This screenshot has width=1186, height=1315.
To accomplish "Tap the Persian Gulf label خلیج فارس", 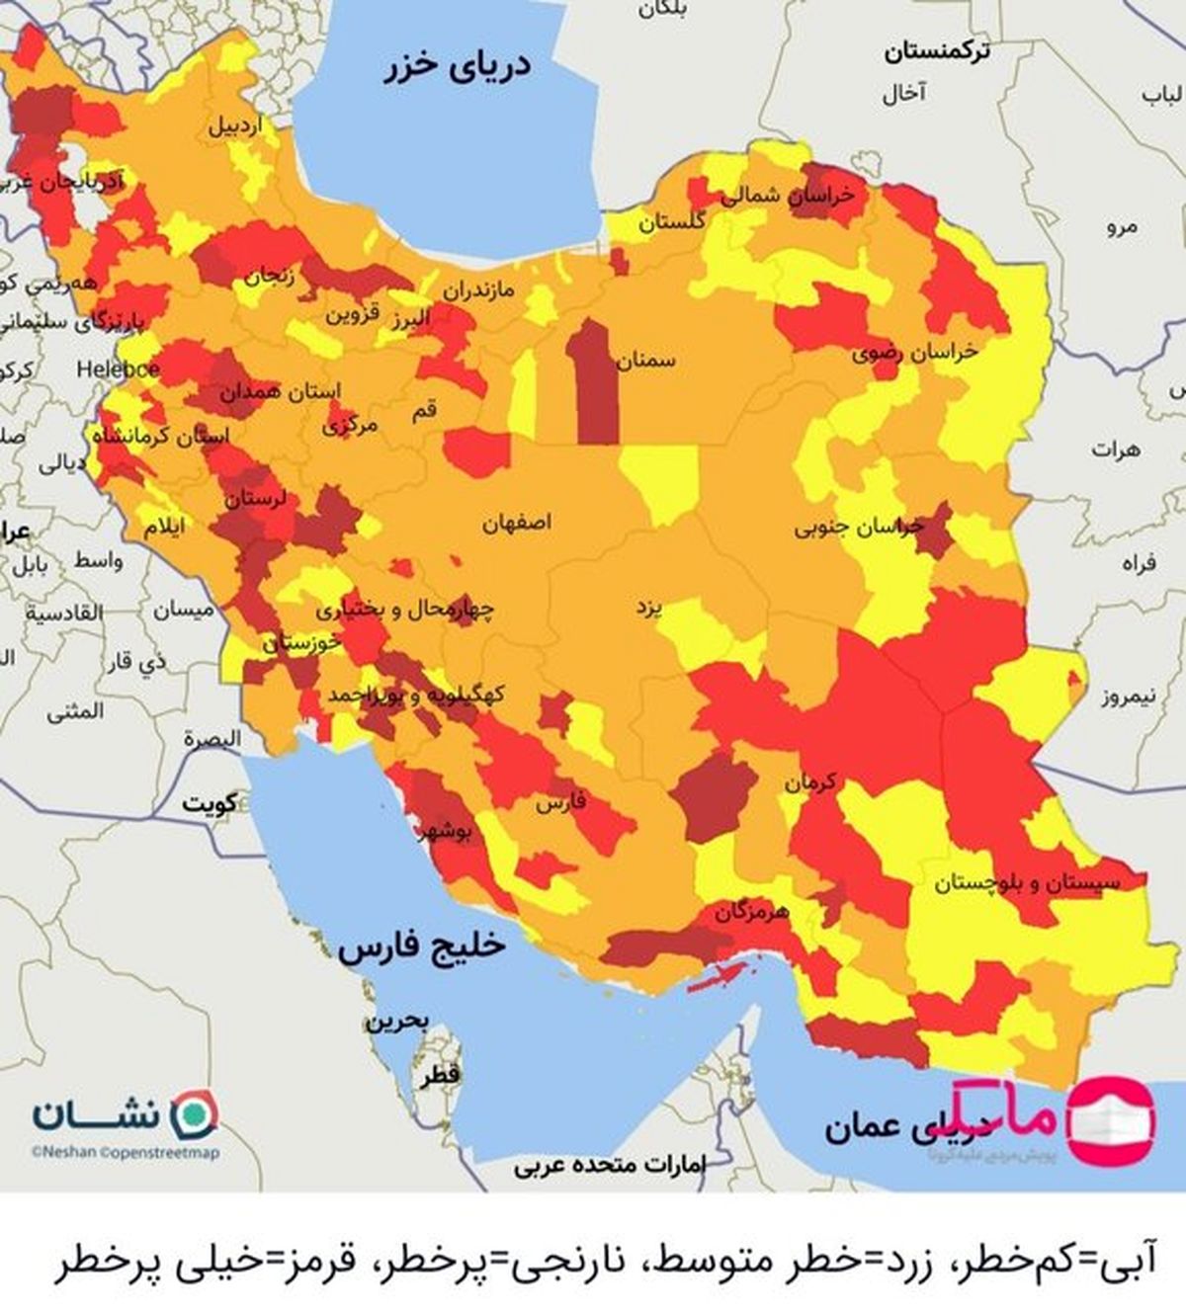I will click(422, 947).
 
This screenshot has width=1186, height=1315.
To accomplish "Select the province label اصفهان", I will click(517, 523).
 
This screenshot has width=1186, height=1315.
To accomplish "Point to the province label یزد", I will click(648, 607).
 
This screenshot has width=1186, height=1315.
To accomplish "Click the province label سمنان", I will click(646, 360).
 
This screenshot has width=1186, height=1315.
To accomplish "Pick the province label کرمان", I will click(810, 782).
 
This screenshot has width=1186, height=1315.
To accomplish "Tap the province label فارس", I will click(560, 802).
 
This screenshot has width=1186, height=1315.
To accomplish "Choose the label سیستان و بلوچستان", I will click(1028, 883).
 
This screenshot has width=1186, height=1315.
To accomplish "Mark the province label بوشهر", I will click(446, 832).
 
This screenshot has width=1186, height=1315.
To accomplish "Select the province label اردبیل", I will click(235, 126).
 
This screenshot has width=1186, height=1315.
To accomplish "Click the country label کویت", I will click(210, 803).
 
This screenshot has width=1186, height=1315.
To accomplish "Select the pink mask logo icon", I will click(1112, 1120).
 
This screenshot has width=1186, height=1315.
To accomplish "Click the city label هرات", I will click(1115, 450).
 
